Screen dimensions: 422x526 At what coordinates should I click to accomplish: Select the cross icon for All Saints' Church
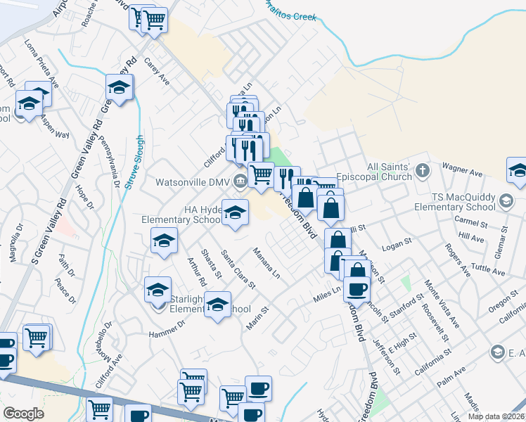(423, 170)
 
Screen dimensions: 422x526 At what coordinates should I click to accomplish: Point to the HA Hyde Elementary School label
(181, 215)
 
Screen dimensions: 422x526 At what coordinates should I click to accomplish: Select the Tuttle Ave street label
(489, 269)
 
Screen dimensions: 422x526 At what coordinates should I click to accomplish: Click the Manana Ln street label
(267, 262)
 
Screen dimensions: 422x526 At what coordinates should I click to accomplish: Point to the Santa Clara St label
(238, 269)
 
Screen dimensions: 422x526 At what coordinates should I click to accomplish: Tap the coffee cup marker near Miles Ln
(357, 289)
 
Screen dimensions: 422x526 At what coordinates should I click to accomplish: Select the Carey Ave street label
(157, 70)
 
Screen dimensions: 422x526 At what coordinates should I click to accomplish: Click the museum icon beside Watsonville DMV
(239, 181)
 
